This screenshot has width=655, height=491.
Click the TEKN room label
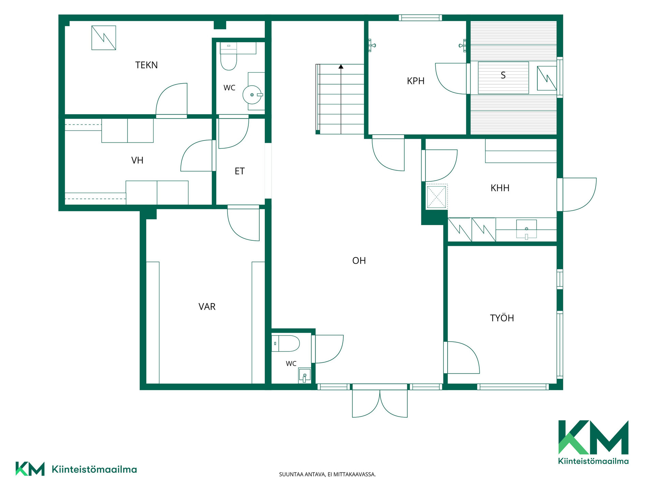146,65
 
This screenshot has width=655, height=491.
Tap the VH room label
137,160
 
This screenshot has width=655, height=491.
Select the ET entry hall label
239,171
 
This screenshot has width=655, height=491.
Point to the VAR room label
207,307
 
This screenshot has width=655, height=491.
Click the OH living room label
359,261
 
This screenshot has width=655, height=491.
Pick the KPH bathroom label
416,81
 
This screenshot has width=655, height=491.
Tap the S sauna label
503,75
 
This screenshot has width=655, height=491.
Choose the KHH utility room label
500,188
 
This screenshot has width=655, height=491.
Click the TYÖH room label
502,318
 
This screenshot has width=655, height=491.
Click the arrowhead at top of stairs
341,66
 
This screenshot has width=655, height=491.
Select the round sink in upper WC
252,95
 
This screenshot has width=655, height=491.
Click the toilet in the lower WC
286,343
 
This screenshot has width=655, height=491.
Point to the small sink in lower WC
304,376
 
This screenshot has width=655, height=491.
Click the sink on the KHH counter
526,229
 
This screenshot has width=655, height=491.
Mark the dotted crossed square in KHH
437,197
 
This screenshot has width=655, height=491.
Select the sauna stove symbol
547,78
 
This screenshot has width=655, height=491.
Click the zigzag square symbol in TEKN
104,38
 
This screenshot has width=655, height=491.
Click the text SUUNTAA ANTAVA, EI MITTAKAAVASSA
327,474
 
